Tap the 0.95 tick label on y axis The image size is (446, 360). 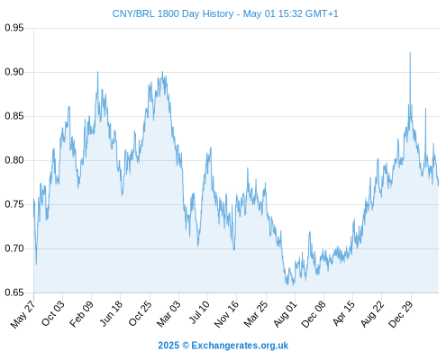14,28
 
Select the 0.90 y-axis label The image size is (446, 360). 14,72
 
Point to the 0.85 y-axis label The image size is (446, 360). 14,116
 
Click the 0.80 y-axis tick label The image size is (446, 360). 14,160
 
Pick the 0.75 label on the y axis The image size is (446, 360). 14,204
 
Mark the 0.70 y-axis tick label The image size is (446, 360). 14,248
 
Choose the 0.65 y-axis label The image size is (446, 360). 14,292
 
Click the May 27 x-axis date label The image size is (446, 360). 23,314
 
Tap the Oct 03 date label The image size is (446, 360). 53,313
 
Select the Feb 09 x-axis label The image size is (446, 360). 81,314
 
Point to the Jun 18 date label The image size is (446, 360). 111,313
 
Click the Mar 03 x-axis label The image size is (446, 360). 168,314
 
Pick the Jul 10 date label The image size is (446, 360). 199,312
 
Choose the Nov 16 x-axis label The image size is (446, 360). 226,314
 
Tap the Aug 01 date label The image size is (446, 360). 285,314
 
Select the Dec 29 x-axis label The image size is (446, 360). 401,314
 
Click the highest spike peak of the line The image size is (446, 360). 410,53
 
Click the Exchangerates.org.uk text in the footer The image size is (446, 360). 240,346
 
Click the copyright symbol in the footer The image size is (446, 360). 186,346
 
